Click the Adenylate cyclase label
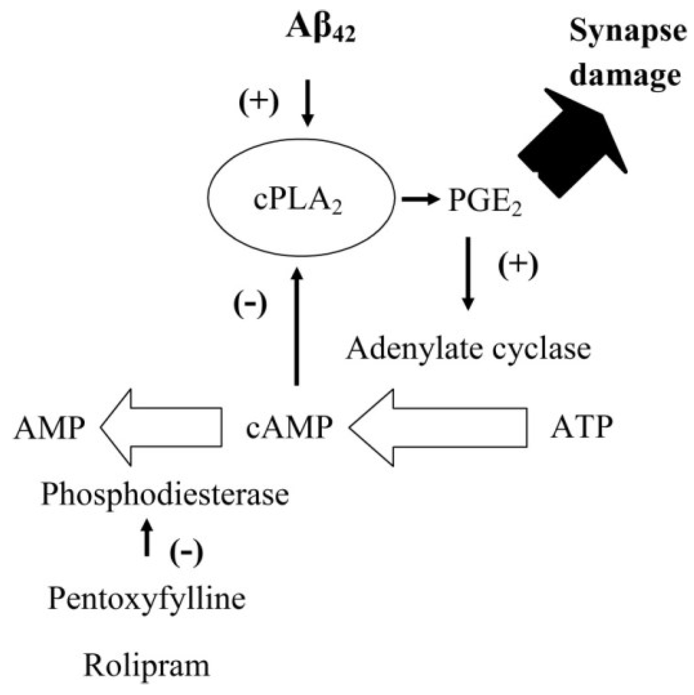point(468,350)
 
